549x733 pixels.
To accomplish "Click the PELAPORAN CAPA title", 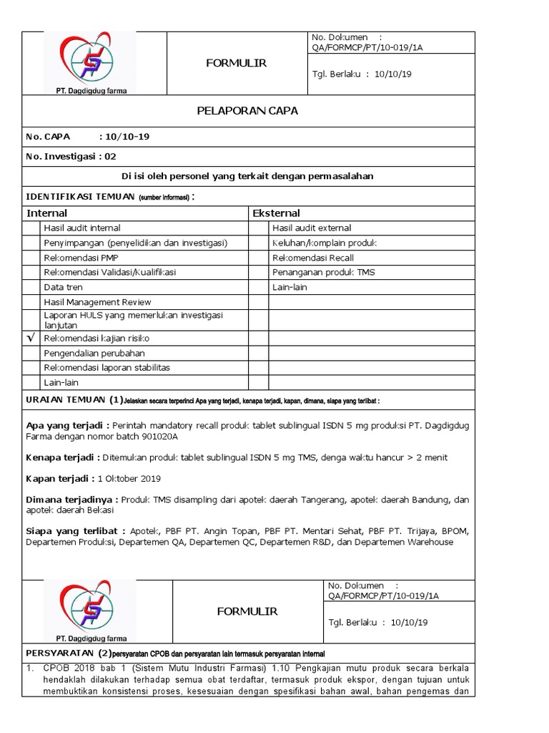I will [247, 111].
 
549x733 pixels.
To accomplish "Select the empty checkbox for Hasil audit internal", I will [31, 228].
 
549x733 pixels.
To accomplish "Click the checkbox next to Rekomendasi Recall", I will [259, 258].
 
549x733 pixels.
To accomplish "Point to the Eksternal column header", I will [276, 213].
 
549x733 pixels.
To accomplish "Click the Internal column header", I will [47, 213].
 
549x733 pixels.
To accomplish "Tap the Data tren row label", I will [64, 287].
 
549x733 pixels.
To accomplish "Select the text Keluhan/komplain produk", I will [323, 243].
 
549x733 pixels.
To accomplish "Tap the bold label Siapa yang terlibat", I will [75, 531].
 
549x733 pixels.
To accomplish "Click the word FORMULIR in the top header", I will [237, 63].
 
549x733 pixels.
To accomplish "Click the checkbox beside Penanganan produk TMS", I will [259, 272].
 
